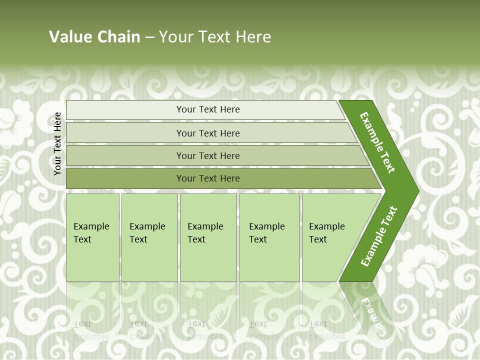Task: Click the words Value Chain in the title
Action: (94, 36)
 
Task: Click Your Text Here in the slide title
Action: (215, 36)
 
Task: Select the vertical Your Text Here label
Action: (57, 143)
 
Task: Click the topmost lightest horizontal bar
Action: (207, 109)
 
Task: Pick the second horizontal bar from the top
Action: (207, 133)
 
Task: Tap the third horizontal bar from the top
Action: (207, 155)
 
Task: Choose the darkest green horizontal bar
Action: (207, 178)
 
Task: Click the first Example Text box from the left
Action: (92, 237)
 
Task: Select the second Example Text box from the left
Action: (149, 237)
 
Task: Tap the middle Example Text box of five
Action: (208, 237)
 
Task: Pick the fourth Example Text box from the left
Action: (269, 237)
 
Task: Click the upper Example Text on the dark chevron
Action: (377, 142)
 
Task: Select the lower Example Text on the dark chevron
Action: (378, 236)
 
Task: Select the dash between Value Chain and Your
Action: (149, 37)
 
